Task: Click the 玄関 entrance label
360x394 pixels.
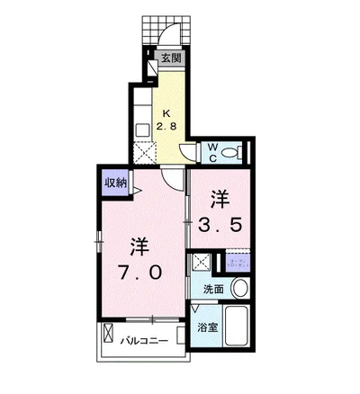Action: (171, 58)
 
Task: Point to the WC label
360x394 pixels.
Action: (212, 151)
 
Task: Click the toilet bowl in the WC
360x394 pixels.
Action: (232, 153)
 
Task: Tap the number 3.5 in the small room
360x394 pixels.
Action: (224, 225)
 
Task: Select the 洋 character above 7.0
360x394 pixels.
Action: (137, 246)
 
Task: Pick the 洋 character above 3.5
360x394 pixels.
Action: (221, 198)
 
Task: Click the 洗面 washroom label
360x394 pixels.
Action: (212, 289)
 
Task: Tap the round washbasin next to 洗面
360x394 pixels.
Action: (239, 289)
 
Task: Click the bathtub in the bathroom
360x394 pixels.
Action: (239, 325)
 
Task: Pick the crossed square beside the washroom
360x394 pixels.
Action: (200, 264)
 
